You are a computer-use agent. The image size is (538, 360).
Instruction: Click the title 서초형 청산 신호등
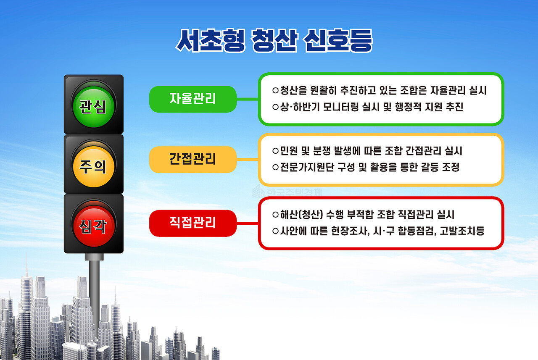(274, 41)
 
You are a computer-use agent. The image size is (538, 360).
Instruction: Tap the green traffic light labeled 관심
(93, 108)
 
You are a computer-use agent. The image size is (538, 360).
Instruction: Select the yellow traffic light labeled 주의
(93, 167)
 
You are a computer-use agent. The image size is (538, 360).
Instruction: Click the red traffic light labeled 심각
(93, 227)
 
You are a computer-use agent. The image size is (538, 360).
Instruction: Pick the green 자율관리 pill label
(193, 99)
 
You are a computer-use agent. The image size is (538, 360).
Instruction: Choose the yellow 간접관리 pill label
(193, 160)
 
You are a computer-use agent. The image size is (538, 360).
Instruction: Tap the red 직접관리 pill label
(193, 223)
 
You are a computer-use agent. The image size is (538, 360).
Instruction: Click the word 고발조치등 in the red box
(462, 231)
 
